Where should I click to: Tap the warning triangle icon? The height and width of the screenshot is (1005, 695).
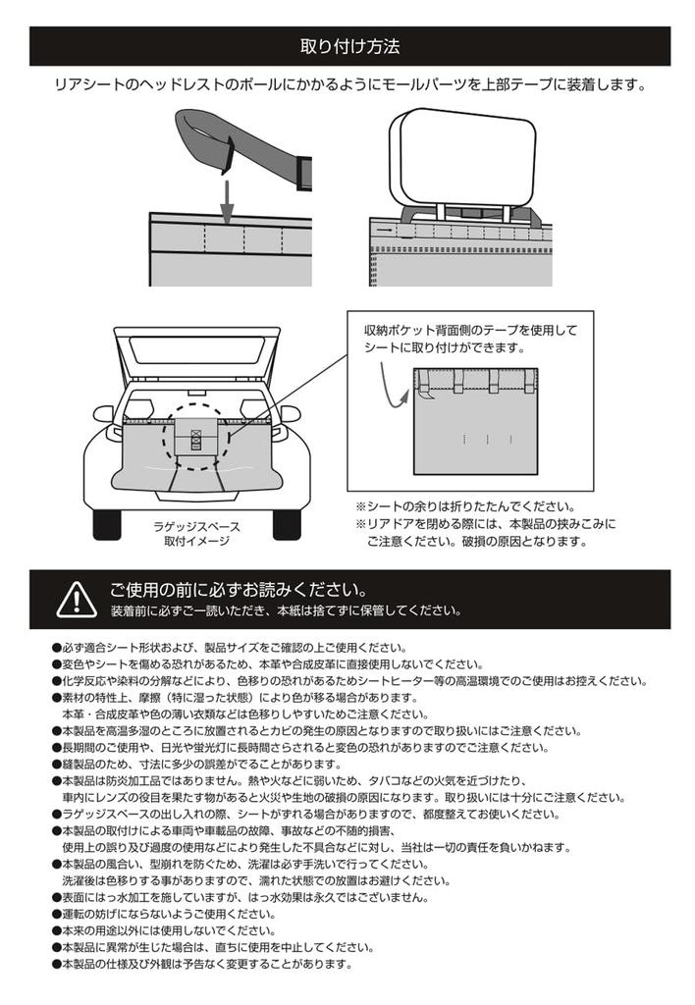click(x=75, y=598)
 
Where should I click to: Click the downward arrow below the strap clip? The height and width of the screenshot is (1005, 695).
click(x=225, y=201)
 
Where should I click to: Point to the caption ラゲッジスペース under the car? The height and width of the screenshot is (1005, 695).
click(x=202, y=526)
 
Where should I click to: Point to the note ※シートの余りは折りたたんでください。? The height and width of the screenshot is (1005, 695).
click(x=465, y=506)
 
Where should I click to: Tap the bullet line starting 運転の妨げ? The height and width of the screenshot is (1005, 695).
click(x=162, y=914)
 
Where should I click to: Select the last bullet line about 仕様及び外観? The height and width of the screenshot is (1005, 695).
click(x=201, y=964)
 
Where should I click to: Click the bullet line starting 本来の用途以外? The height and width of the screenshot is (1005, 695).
click(x=162, y=930)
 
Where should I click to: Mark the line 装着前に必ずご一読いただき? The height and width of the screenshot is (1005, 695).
click(x=286, y=610)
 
